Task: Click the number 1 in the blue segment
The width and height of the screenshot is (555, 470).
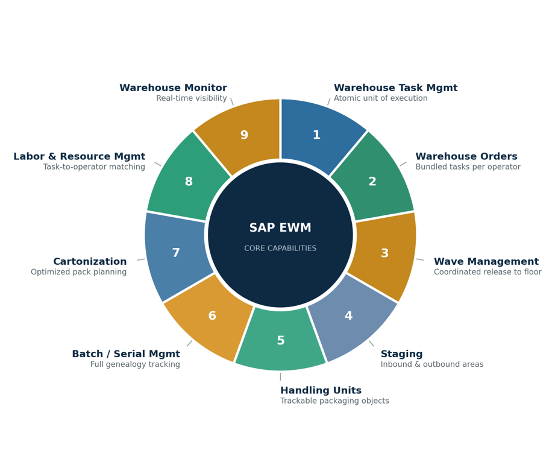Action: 316,135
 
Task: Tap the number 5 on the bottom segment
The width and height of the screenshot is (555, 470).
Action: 281,340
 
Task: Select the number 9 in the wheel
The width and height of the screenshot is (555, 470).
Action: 244,135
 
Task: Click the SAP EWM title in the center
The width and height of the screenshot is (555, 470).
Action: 280,227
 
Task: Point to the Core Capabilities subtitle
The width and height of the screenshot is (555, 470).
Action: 280,248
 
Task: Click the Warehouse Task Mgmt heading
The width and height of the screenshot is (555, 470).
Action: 396,87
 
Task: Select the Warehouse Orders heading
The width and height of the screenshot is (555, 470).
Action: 466,156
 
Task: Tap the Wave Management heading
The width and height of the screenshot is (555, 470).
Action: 486,262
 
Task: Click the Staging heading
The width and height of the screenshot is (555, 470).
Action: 402,354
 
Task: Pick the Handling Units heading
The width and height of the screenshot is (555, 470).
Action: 321,390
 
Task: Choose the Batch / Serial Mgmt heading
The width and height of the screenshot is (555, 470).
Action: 126,354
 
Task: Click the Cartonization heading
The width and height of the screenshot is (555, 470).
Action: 90,262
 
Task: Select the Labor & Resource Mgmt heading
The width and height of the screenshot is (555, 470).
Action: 80,156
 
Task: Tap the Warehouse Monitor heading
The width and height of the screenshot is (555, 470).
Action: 173,87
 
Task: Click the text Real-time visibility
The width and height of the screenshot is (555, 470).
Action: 192,98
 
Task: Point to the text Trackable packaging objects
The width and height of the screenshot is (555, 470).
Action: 334,401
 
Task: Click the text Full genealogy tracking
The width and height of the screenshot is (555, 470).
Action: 135,364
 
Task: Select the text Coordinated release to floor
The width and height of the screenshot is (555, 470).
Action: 488,272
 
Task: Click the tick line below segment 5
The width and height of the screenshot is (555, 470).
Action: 280,376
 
